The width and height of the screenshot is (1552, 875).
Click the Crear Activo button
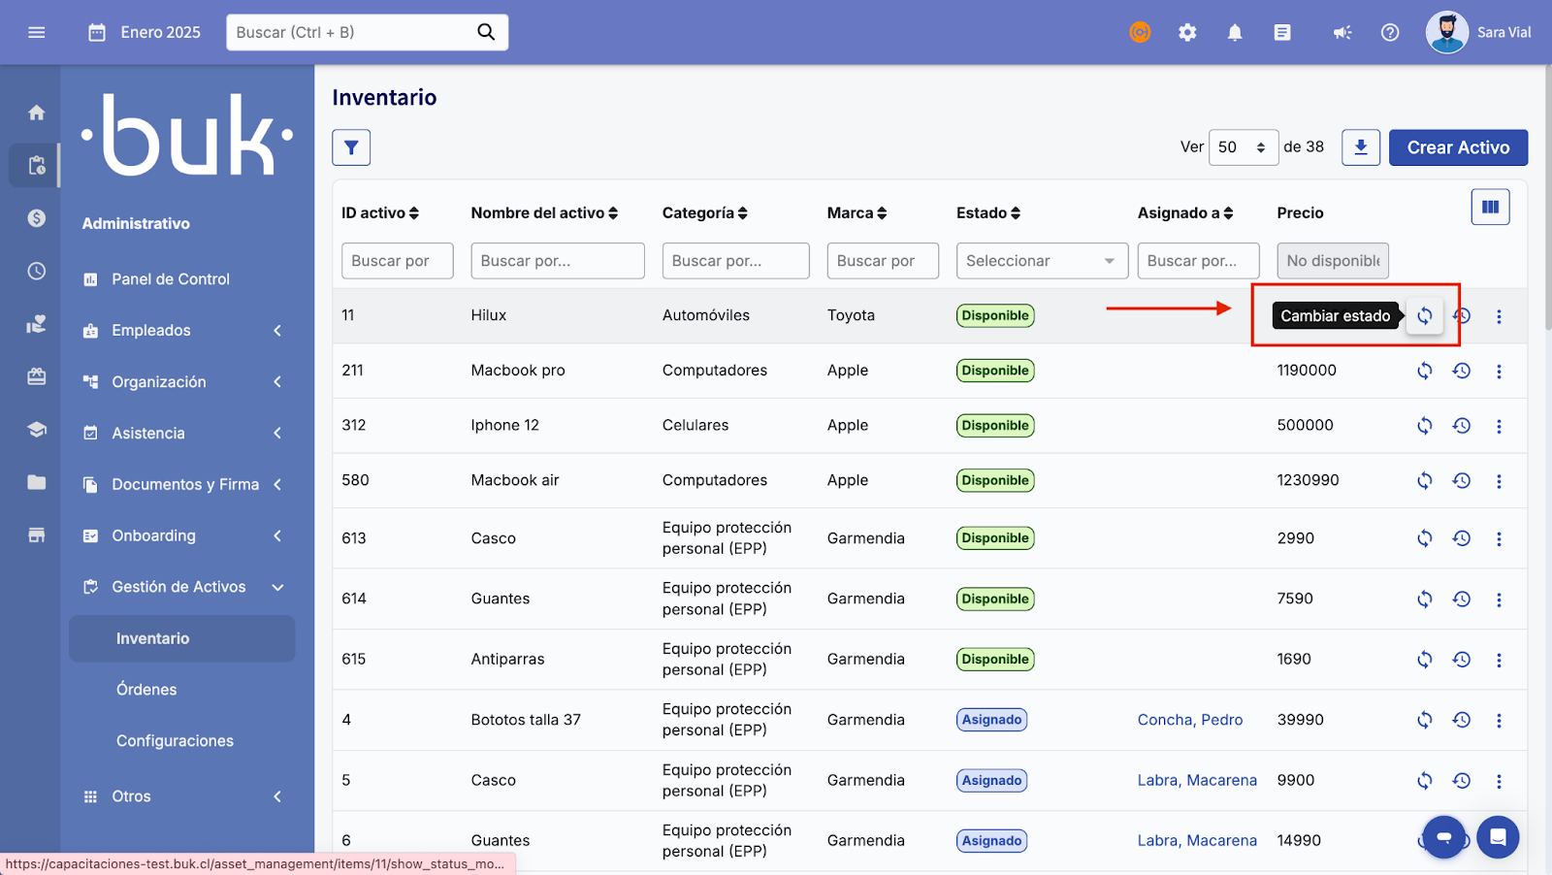(x=1458, y=147)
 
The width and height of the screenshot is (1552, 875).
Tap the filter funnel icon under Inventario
(x=351, y=147)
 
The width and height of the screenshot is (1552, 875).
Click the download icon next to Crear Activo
(x=1360, y=147)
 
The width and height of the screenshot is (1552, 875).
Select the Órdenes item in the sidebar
(x=146, y=690)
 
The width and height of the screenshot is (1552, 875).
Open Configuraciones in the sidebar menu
(x=175, y=741)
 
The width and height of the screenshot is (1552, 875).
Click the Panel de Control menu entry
(x=171, y=279)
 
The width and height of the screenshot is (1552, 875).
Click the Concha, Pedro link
(x=1189, y=720)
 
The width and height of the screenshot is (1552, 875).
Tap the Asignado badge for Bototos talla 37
(x=991, y=720)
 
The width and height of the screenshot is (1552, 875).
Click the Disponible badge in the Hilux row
(x=995, y=315)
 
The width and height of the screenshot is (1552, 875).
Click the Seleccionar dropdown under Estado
(x=1042, y=261)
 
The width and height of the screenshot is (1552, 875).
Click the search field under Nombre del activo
(x=557, y=261)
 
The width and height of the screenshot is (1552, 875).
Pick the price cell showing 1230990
(x=1308, y=480)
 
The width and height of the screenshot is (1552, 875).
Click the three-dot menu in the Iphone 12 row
(x=1499, y=426)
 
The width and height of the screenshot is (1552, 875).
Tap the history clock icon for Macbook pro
(x=1462, y=371)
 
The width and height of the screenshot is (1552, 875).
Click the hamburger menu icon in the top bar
(x=37, y=32)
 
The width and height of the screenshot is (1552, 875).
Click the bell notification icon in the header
(x=1235, y=33)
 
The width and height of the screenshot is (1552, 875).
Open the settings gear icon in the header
(x=1187, y=33)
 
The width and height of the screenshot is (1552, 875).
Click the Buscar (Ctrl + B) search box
(x=354, y=32)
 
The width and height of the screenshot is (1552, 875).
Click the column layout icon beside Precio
(x=1490, y=207)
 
